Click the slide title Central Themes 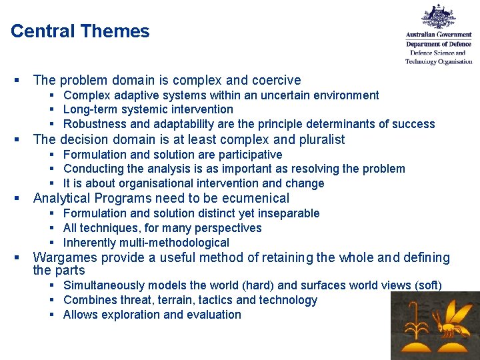pos(80,31)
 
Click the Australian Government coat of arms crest pos(439,17)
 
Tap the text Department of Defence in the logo pos(439,44)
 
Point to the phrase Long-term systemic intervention pos(148,109)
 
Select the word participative pos(249,154)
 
